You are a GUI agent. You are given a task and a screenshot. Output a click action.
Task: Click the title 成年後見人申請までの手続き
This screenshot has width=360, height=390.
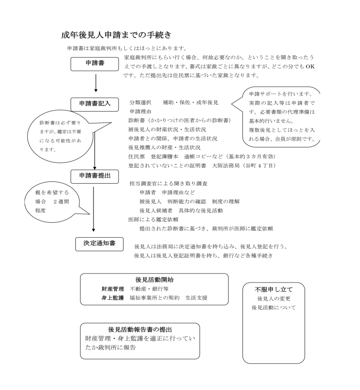(116, 34)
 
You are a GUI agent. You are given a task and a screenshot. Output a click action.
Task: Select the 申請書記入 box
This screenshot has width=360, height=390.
(94, 103)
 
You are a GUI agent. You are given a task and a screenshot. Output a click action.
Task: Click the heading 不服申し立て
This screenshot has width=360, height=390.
(273, 289)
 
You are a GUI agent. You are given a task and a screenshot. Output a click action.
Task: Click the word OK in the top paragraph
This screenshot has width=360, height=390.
(310, 67)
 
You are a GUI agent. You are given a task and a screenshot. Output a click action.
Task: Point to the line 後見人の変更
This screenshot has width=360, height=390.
(273, 298)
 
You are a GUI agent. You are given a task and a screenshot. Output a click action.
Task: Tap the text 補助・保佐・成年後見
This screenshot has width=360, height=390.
(191, 102)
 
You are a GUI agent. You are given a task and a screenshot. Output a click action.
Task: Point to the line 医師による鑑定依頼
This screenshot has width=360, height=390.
(152, 219)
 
